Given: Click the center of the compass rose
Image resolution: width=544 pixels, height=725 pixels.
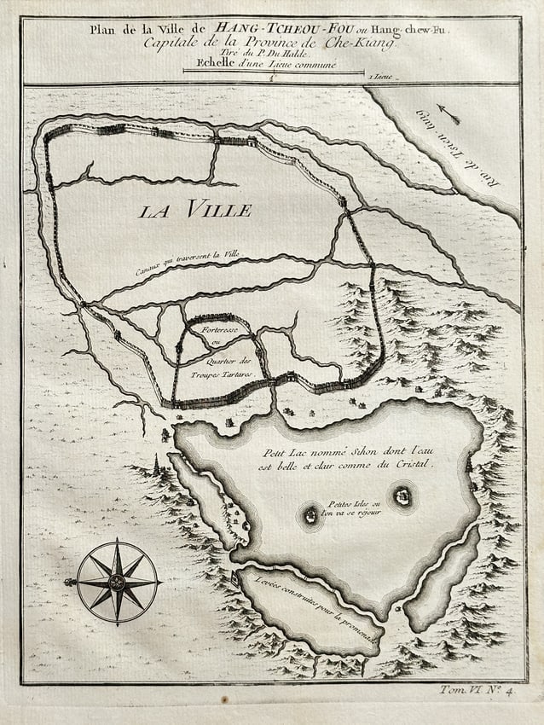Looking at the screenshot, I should (118, 583).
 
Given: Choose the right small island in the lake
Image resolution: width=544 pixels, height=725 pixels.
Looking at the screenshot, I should (401, 495).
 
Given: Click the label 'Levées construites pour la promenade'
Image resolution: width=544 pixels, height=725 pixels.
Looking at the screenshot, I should (315, 606).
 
